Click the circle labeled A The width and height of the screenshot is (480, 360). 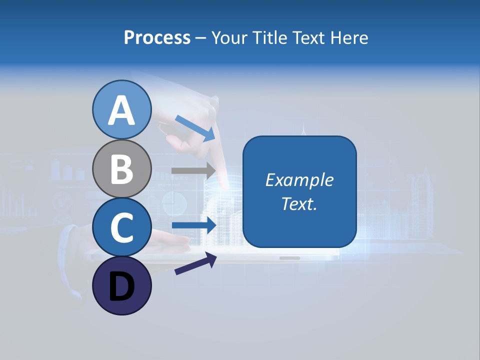pos(121,110)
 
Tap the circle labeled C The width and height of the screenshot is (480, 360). pos(121,227)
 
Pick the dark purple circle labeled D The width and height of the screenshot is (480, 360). pos(121,285)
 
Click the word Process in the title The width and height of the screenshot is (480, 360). pos(157,37)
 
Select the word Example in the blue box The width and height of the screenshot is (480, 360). pos(299,180)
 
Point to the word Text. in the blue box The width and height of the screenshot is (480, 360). pos(299,203)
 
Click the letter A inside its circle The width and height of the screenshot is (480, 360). pos(121,110)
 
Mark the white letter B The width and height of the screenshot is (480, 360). pos(121,169)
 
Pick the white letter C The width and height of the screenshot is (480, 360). pos(121,227)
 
